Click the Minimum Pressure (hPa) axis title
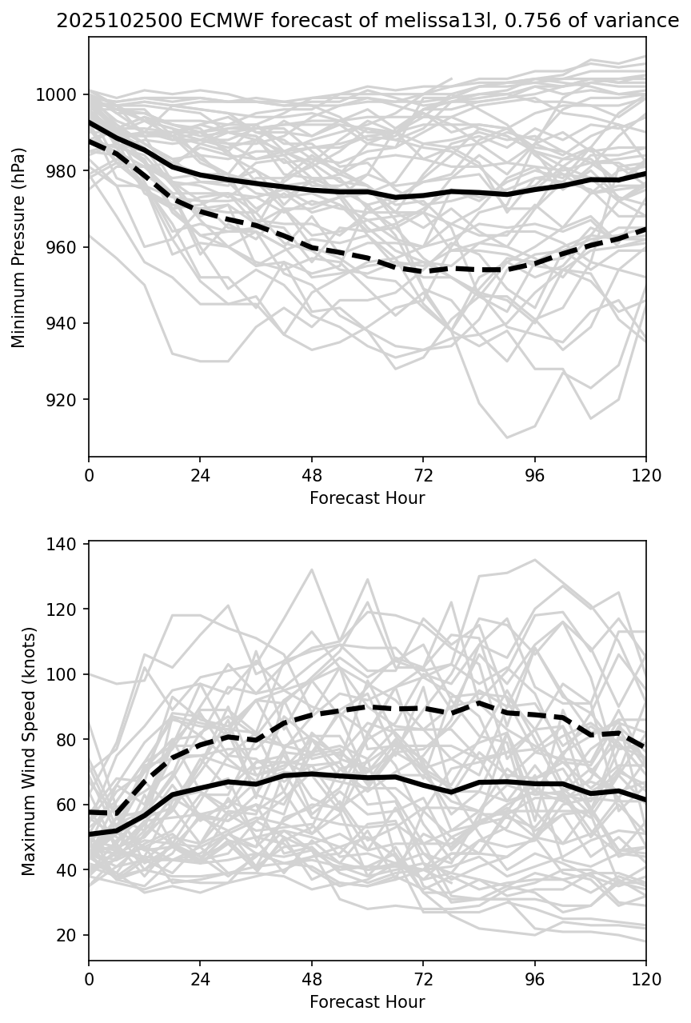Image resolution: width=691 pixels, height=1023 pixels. [x=19, y=247]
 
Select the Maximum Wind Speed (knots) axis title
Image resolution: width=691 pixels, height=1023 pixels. [x=29, y=750]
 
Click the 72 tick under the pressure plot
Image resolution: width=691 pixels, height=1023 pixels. [x=423, y=474]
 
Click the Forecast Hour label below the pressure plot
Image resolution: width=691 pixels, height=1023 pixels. [x=367, y=498]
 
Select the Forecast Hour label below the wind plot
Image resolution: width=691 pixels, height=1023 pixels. [x=367, y=1002]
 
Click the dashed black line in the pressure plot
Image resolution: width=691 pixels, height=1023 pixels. [x=312, y=248]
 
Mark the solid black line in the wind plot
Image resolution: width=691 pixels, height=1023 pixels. [x=312, y=773]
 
